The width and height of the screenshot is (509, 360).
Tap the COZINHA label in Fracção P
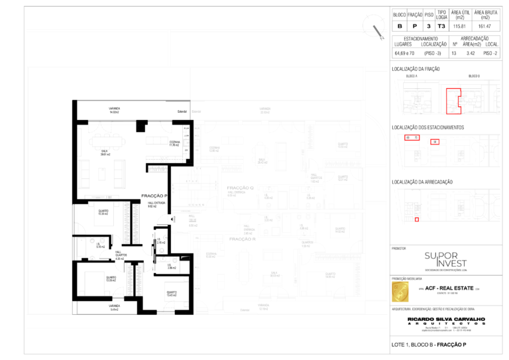[174, 143]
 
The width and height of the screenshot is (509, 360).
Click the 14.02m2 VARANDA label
[114, 110]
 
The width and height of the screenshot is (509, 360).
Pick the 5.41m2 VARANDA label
[114, 307]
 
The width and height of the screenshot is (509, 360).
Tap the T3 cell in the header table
[441, 26]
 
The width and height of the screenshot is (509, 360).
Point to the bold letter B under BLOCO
[399, 26]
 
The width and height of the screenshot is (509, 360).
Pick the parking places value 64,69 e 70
[404, 52]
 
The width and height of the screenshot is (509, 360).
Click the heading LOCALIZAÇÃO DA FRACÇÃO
[416, 69]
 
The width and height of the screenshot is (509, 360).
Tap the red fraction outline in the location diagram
[453, 97]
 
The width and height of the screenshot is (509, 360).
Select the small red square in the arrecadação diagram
[417, 219]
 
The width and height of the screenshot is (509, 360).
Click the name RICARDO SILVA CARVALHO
[446, 319]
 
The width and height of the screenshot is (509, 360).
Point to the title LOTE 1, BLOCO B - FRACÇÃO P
[429, 345]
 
